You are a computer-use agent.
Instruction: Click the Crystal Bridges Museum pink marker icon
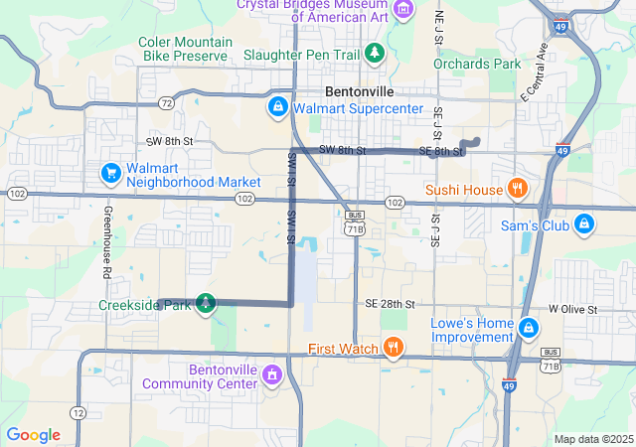coord(402,10)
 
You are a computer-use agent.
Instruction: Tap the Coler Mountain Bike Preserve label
coord(185,50)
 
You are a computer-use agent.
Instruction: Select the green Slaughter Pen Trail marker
coord(375,52)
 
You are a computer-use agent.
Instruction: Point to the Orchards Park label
coord(477,64)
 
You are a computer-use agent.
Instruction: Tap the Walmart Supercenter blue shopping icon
coord(278,105)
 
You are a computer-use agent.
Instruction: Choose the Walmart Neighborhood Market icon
coord(110,174)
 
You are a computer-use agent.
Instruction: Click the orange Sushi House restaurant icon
coord(516,189)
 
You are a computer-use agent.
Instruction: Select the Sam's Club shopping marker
coord(584,223)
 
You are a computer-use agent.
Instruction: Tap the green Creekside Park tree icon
coord(205,303)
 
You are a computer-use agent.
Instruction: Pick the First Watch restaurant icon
coord(394,347)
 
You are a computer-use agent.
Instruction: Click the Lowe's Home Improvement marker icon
coord(529,328)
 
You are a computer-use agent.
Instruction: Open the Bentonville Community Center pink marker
coord(274,375)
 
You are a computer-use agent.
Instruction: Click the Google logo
coord(34,435)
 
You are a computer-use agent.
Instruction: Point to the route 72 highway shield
coord(166,102)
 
